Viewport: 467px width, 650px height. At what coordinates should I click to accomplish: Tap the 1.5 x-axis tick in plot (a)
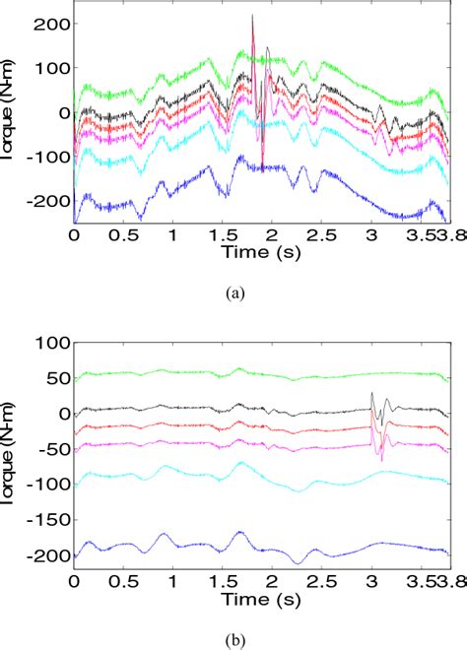point(222,236)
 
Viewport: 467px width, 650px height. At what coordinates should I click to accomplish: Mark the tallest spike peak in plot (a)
point(252,16)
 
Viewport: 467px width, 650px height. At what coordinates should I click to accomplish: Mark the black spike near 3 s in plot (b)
point(371,394)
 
